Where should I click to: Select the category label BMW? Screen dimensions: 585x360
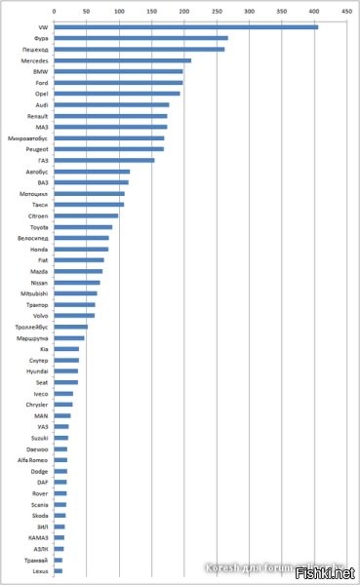[x=39, y=71]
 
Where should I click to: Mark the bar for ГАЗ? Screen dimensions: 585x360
[x=103, y=160]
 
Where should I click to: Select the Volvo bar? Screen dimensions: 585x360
[x=74, y=315]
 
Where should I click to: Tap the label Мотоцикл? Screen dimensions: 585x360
[x=33, y=193]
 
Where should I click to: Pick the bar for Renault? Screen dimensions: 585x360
[x=110, y=115]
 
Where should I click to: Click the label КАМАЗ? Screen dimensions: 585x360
[x=37, y=537]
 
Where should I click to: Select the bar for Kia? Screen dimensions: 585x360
[x=66, y=348]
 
